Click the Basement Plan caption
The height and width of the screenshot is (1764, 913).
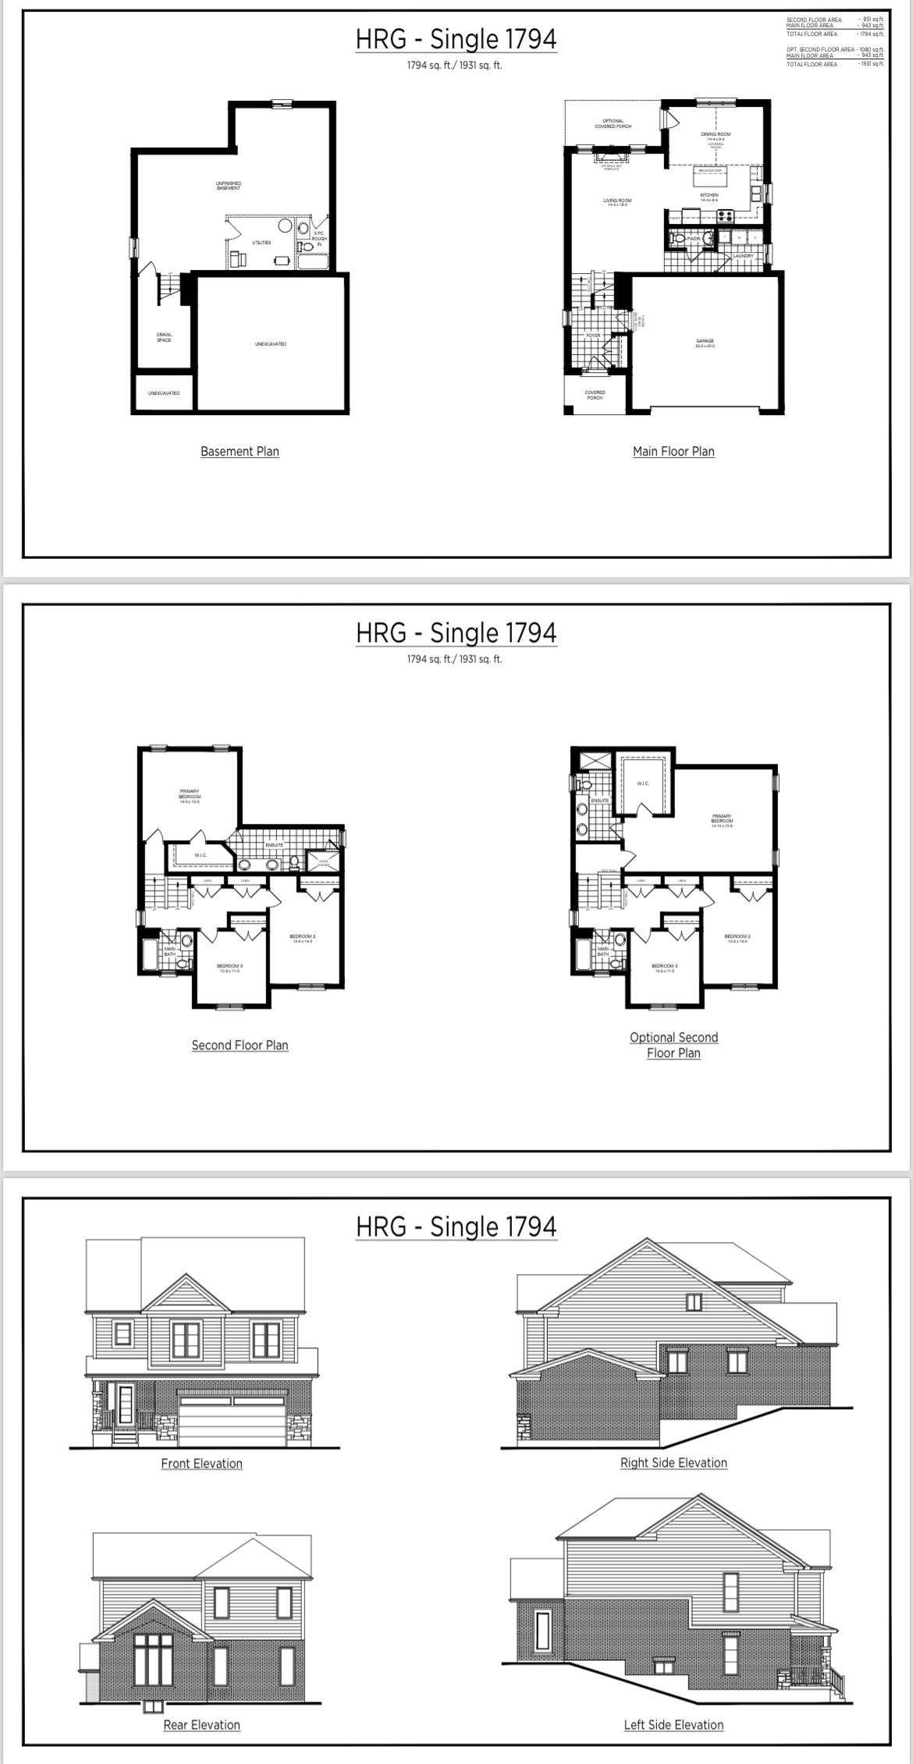tap(240, 451)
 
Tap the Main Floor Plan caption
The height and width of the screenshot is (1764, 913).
tap(673, 451)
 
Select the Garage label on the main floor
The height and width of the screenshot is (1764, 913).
tap(705, 341)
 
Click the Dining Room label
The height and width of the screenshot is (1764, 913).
tap(715, 135)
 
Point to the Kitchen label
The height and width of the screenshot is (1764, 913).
tap(709, 196)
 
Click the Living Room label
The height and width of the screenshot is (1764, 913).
tap(617, 201)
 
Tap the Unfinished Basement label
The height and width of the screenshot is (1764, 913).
tap(229, 186)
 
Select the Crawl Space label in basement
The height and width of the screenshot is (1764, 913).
tap(164, 337)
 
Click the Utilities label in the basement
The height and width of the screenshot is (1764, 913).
tap(261, 243)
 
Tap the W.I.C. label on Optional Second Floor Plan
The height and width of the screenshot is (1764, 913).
tap(643, 783)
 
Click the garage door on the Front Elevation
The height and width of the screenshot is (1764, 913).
tap(232, 1421)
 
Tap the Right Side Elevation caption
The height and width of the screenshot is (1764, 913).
tap(673, 1463)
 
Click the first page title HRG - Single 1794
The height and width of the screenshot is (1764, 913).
tap(456, 39)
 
